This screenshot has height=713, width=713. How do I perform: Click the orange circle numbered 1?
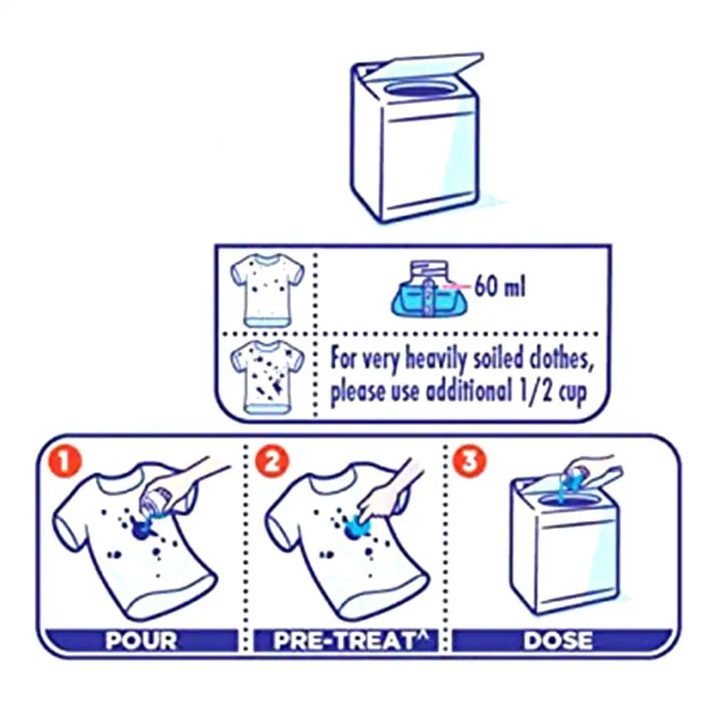[65, 463]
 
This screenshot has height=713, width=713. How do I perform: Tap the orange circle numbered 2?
[272, 463]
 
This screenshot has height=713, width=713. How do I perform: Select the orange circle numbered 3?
[470, 461]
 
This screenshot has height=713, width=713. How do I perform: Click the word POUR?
[141, 641]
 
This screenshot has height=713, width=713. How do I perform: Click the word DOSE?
[558, 641]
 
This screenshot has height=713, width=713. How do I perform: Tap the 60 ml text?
[499, 287]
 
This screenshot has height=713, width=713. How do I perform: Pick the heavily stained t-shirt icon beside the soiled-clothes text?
[267, 378]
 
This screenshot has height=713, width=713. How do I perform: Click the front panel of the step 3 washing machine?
[576, 558]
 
